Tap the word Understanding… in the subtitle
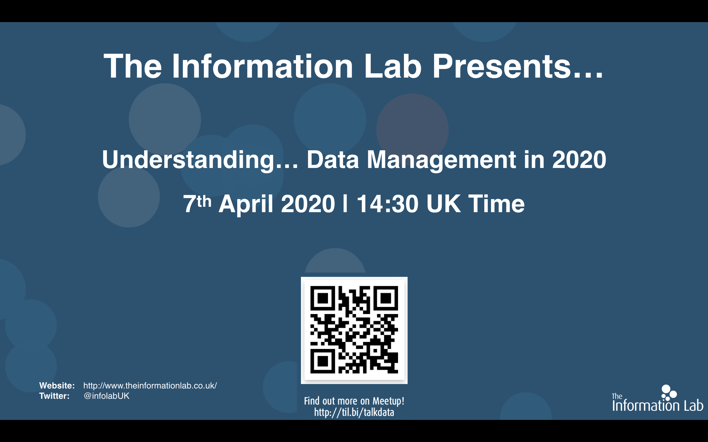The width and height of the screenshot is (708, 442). [x=200, y=160]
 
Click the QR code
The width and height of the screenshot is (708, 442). [x=354, y=330]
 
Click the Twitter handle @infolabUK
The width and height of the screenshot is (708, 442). [x=106, y=396]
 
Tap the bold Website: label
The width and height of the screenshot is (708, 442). [x=57, y=386]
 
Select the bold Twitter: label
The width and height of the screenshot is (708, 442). [x=54, y=396]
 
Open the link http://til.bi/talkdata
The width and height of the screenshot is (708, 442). [x=354, y=413]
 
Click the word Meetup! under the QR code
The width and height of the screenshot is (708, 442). [x=388, y=401]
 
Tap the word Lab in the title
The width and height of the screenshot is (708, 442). [x=393, y=66]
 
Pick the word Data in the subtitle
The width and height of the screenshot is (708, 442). [x=333, y=160]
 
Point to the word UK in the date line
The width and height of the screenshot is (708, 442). [x=443, y=204]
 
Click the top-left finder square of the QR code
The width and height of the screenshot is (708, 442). [x=322, y=298]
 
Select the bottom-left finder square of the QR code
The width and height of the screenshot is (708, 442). [x=322, y=361]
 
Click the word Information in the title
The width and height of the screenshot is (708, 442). [x=263, y=66]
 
